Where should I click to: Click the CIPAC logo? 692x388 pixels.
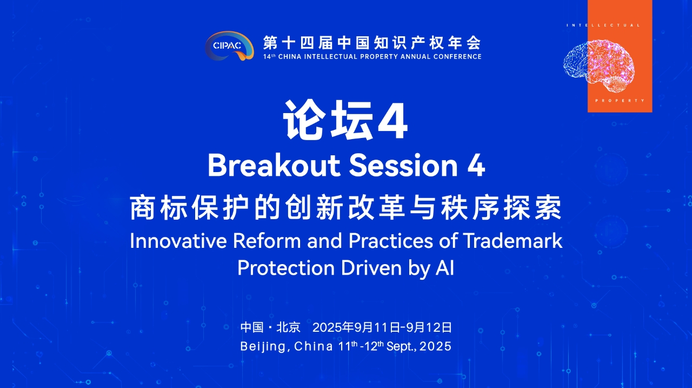[x=229, y=45]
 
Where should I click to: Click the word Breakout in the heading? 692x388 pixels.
[x=274, y=166]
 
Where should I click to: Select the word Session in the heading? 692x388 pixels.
[x=403, y=166]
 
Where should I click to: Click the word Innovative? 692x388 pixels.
[x=178, y=241]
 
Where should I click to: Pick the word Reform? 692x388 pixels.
[x=267, y=241]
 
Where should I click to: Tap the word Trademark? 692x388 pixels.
[x=513, y=241]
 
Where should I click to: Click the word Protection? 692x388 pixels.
[x=286, y=268]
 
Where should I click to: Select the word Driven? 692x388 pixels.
[x=371, y=268]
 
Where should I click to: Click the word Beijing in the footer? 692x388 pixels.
[x=263, y=346]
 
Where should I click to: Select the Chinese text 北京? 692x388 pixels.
[x=288, y=327]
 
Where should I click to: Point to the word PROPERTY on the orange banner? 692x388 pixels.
[x=620, y=101]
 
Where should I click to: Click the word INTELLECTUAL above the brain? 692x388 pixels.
[x=603, y=25]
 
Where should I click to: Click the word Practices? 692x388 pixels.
[x=390, y=241]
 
